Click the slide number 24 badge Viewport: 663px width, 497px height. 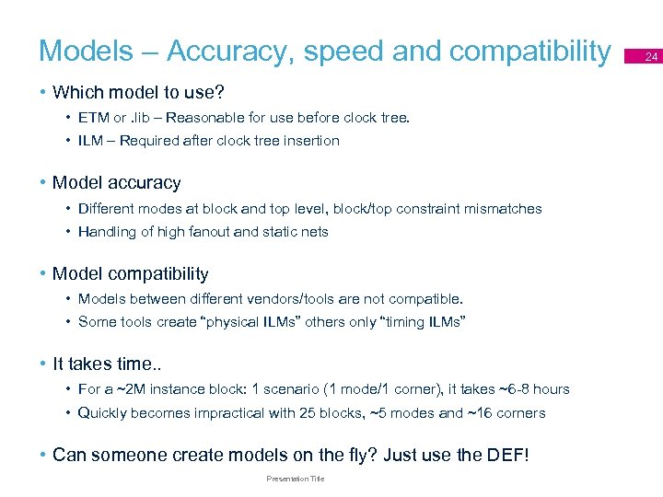[651, 57]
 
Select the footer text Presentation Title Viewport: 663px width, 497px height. [295, 479]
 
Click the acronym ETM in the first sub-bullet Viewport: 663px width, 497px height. [94, 118]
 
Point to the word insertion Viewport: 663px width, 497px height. [309, 141]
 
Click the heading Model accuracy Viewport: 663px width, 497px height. [116, 182]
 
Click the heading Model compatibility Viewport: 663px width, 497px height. [130, 273]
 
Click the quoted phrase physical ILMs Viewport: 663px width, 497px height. [244, 322]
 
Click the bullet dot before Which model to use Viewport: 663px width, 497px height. [43, 93]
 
